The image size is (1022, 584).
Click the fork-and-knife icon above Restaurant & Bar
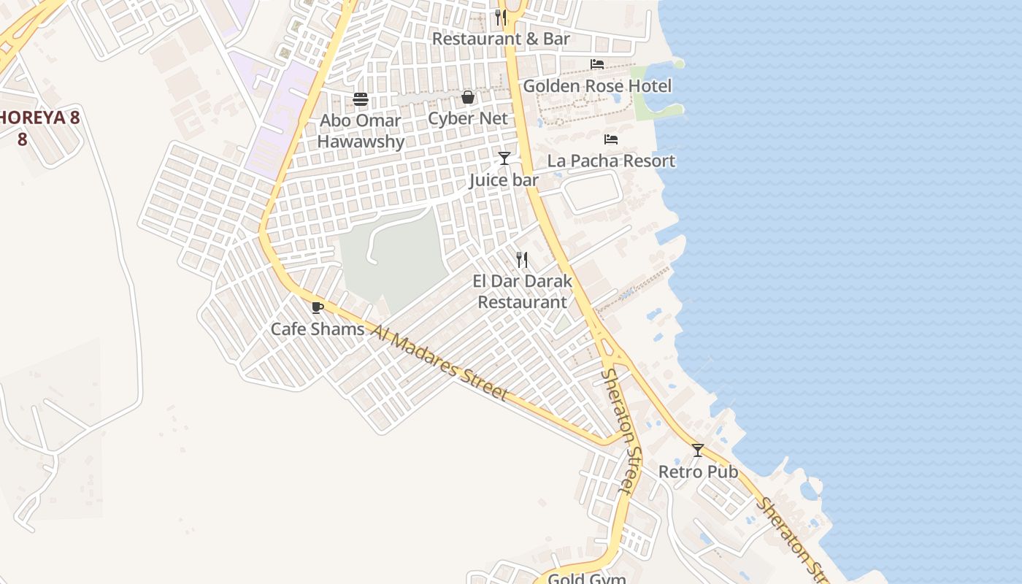(x=501, y=17)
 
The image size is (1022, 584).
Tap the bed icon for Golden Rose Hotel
(x=597, y=64)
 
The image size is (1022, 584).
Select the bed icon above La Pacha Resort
(x=611, y=139)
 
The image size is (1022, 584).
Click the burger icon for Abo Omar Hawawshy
(x=361, y=99)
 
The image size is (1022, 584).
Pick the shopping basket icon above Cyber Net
(x=468, y=97)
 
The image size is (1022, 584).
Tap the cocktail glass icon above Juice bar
(x=504, y=158)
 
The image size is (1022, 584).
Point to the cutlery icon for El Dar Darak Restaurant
(x=522, y=259)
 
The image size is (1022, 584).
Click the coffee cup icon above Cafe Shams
(x=317, y=308)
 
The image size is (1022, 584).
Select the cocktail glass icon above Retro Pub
(x=698, y=450)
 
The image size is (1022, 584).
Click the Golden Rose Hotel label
(x=597, y=86)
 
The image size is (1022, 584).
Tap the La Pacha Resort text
(x=611, y=161)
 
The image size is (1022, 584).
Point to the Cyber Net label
(x=468, y=118)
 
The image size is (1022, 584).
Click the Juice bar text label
(x=504, y=180)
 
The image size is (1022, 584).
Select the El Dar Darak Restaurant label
(x=522, y=291)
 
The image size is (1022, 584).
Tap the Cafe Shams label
(x=318, y=329)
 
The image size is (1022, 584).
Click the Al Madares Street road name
(x=440, y=363)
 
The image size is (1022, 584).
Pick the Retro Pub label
(x=698, y=472)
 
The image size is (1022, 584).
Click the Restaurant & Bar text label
(x=501, y=39)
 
